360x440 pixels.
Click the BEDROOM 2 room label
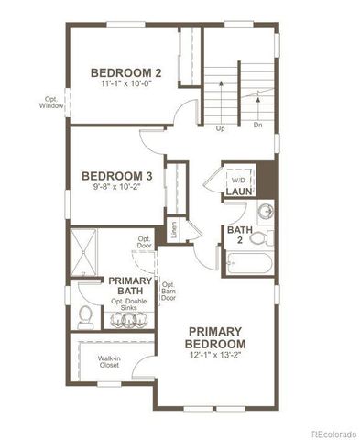click(x=126, y=72)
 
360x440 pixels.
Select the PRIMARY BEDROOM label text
click(x=215, y=336)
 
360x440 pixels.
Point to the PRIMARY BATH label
click(x=131, y=286)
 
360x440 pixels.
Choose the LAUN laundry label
click(x=240, y=192)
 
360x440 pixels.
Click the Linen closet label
click(x=173, y=227)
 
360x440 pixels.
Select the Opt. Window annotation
click(x=50, y=102)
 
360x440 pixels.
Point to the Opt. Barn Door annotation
click(x=169, y=291)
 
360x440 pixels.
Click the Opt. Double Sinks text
click(x=130, y=305)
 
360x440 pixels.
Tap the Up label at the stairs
click(x=220, y=128)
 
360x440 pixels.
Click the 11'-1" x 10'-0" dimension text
click(x=126, y=84)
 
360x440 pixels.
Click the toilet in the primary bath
click(x=84, y=316)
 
